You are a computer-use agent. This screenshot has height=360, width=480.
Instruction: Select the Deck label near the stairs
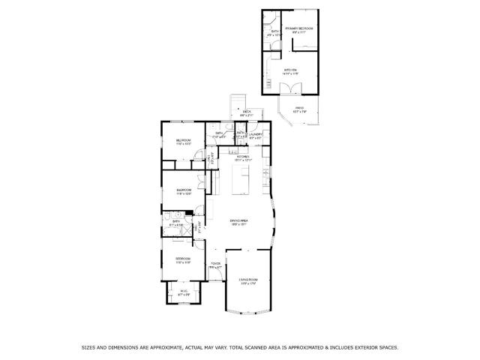pos(247,112)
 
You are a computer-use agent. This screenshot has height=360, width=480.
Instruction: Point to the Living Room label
pos(247,280)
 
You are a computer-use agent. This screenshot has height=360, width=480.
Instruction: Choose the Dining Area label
pos(238,220)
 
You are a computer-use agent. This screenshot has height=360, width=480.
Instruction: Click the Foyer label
pos(215,264)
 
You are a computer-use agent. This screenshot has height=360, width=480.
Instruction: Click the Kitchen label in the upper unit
pos(290,70)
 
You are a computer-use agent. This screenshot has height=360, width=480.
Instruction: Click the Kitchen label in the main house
pos(242,157)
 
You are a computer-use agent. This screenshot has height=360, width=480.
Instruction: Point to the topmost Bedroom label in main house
pos(184,141)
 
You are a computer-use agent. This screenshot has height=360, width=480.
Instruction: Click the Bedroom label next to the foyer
pos(184,259)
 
